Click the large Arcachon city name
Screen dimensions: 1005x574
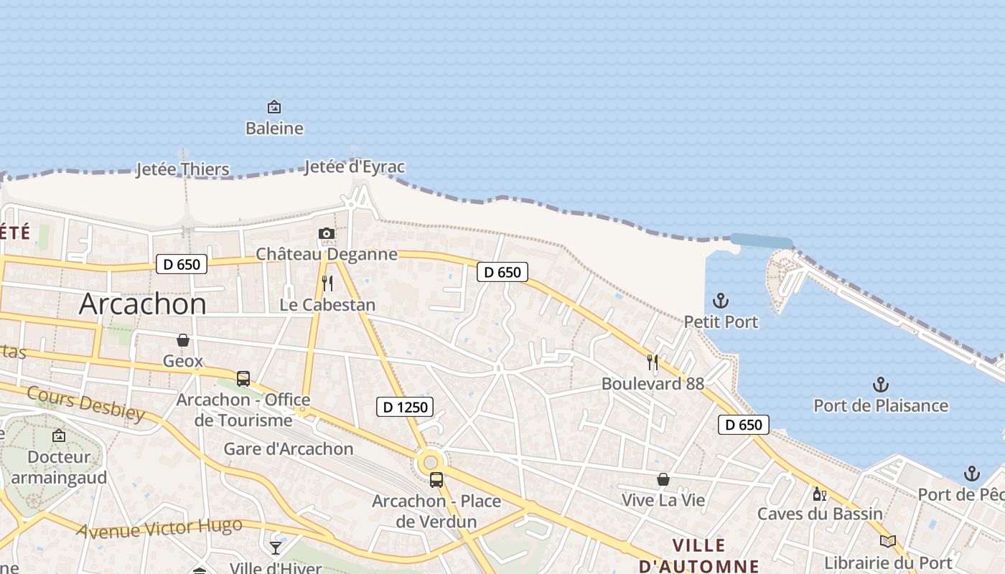point(142,304)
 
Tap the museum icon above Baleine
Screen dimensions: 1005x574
point(274,108)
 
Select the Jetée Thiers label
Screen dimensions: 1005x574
point(183,169)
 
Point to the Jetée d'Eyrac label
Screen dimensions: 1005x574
point(355,167)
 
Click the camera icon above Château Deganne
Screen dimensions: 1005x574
point(327,234)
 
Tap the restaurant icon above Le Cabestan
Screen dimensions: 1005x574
point(327,283)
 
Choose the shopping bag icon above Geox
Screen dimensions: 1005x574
point(183,340)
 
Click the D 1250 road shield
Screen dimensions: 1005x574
point(406,408)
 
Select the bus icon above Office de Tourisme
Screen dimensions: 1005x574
point(243,379)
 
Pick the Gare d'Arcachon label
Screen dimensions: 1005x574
point(289,449)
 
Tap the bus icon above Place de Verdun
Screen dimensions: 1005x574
point(436,480)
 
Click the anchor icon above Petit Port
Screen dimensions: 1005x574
point(721,301)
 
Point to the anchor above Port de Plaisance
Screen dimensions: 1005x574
point(881,385)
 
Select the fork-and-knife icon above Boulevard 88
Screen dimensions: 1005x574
point(653,362)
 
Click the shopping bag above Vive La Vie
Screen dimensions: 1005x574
point(663,479)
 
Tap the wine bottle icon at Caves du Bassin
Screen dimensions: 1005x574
point(820,494)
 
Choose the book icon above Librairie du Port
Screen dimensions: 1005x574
point(888,542)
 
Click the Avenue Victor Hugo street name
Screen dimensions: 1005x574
point(159,529)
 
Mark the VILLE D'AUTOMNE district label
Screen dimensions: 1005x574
point(698,555)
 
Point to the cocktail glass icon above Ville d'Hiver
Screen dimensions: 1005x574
point(276,548)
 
